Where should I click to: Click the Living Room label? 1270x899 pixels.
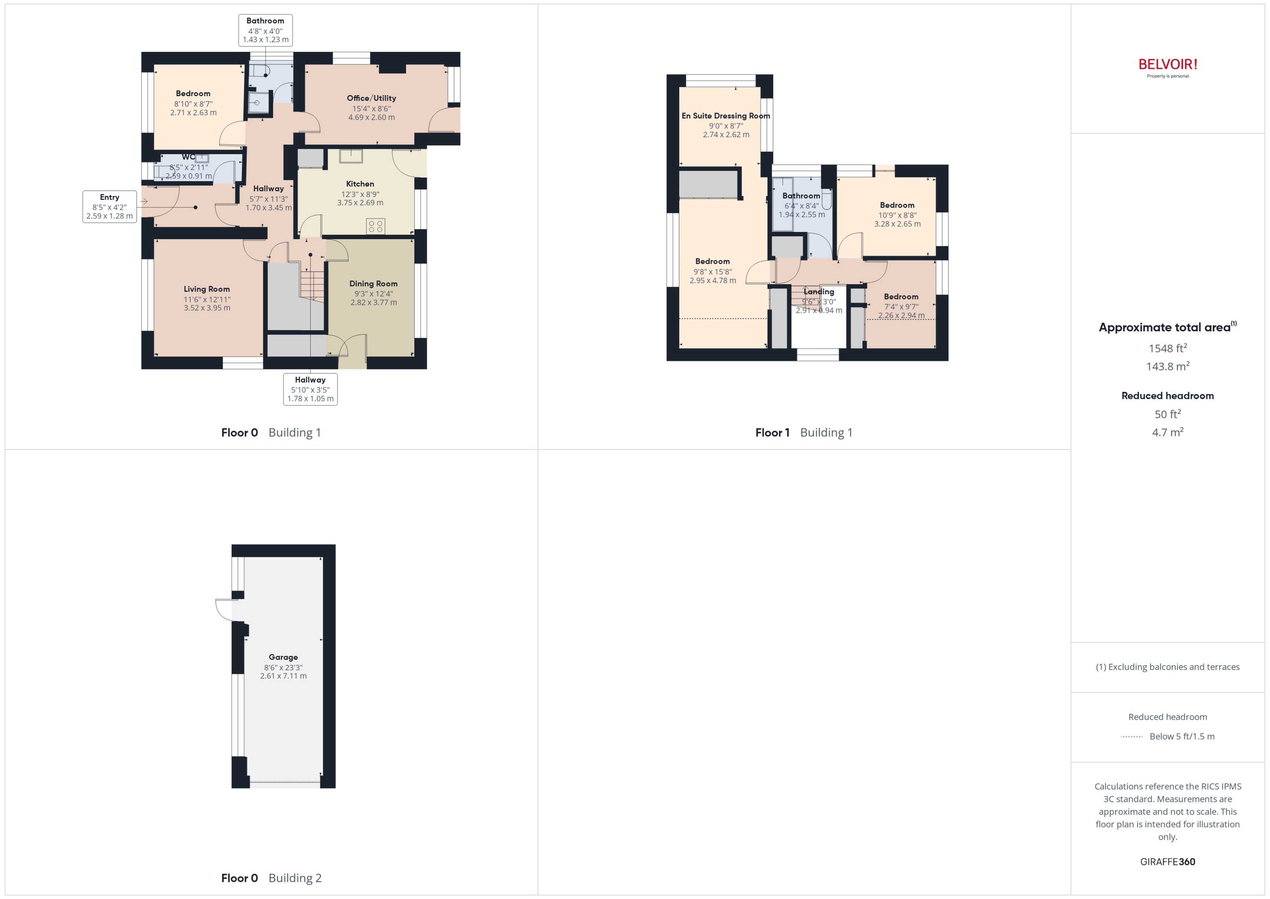(x=206, y=289)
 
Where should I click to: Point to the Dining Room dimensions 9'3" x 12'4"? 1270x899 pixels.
(x=373, y=293)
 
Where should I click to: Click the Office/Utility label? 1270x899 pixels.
(x=371, y=98)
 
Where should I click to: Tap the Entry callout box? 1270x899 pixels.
(x=110, y=207)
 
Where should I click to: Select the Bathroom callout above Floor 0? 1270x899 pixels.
(x=265, y=30)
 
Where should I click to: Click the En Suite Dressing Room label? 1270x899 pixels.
(x=725, y=116)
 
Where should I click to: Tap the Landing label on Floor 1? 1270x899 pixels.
(x=819, y=292)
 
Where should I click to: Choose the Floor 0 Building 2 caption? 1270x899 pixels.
(x=271, y=878)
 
